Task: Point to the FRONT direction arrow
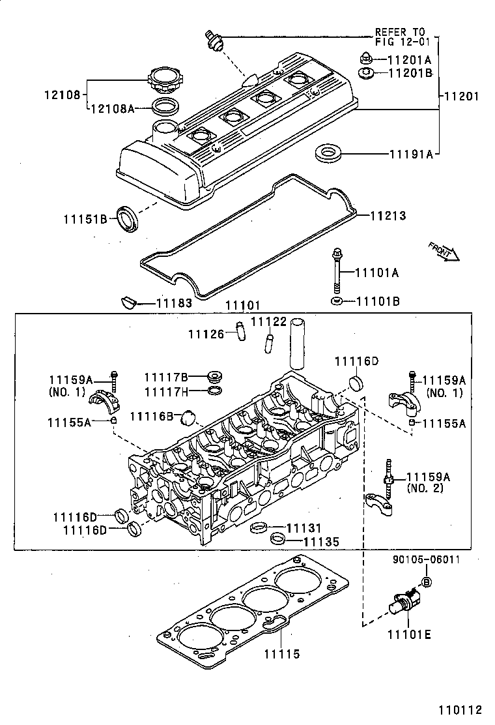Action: [444, 250]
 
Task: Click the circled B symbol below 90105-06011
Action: [427, 582]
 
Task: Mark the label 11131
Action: [304, 527]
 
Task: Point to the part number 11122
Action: [268, 322]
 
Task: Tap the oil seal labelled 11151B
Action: [128, 217]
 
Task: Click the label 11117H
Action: [166, 391]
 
